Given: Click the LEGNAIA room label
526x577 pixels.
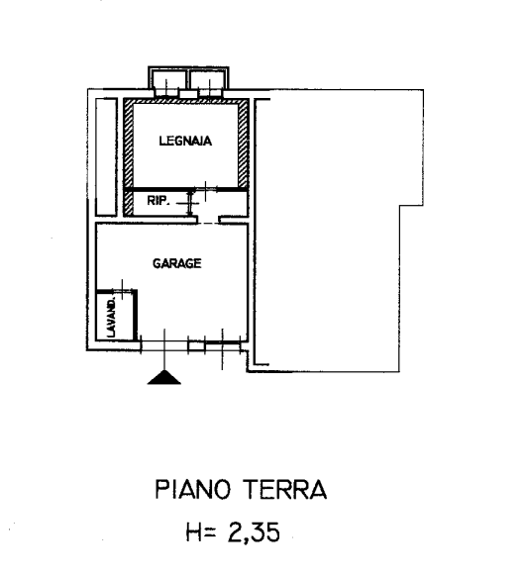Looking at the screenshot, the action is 185,141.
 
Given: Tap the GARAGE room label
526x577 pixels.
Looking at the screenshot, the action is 177,263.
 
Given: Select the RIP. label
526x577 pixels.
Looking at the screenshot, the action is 158,201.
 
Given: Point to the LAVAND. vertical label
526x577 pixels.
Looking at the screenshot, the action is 111,318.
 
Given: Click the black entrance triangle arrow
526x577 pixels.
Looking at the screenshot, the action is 163,377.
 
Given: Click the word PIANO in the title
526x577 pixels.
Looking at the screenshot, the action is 192,490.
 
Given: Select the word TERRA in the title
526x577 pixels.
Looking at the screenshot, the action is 286,490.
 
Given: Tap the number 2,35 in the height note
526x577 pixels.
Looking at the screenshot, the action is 254,532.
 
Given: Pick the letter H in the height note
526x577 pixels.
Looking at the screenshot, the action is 194,532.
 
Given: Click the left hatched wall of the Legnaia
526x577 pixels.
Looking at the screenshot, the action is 128,144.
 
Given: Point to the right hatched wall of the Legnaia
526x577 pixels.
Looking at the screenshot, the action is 243,144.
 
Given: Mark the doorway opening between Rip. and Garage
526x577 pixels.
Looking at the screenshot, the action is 208,220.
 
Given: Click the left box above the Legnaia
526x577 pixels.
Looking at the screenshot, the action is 168,80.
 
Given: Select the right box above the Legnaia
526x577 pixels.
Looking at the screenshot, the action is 209,80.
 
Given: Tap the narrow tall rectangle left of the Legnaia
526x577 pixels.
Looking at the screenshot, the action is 106,156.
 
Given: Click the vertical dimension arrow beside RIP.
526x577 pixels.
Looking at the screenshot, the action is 190,203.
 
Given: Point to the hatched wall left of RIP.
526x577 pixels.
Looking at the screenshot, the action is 128,203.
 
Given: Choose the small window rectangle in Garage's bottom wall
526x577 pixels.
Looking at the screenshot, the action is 196,346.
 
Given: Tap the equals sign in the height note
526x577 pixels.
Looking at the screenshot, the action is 210,532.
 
